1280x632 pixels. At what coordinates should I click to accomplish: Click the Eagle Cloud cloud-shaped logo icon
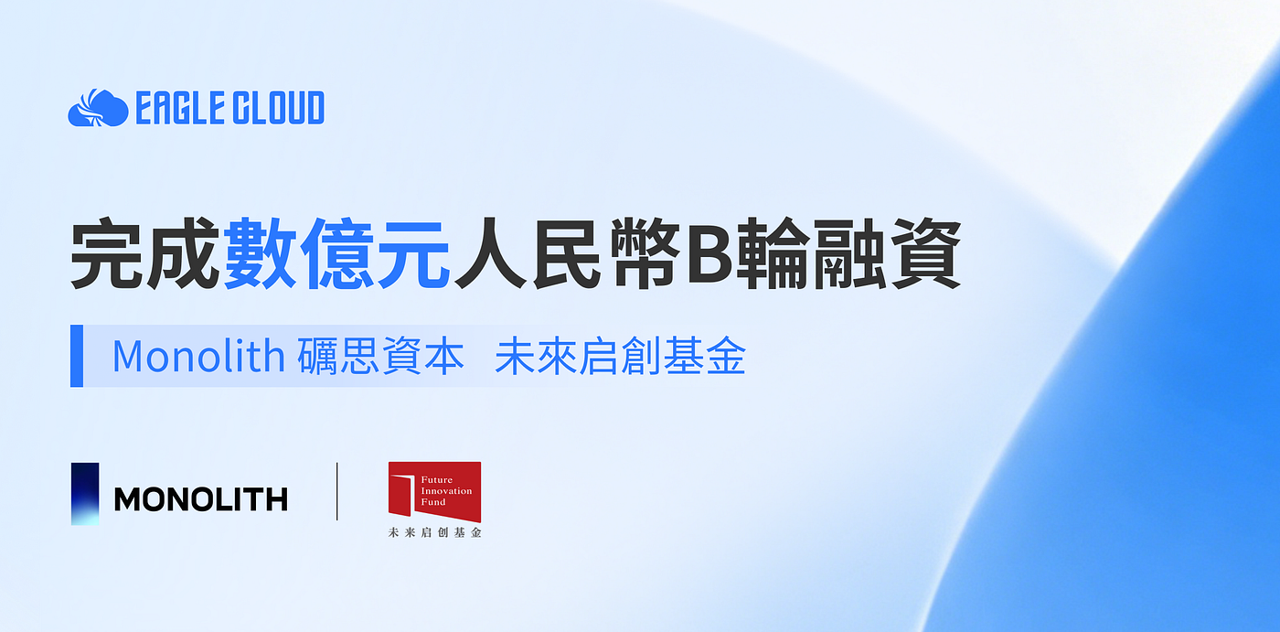tap(99, 107)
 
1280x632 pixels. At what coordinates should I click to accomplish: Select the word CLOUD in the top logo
tap(277, 107)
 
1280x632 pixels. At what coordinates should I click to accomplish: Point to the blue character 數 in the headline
tap(260, 253)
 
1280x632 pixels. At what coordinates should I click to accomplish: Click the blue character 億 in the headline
tap(336, 253)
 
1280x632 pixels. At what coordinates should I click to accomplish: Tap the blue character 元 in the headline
tap(413, 253)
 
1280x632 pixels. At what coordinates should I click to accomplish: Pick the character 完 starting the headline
tap(107, 253)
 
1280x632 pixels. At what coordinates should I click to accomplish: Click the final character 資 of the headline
tap(925, 253)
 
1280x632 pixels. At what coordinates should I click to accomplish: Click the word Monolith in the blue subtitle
tap(198, 356)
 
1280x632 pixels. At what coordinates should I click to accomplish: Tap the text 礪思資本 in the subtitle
tap(380, 356)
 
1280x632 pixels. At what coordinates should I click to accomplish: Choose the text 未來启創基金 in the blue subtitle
tap(620, 356)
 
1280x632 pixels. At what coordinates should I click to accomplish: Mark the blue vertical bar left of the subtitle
tap(77, 356)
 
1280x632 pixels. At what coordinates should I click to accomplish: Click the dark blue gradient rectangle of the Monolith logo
tap(85, 494)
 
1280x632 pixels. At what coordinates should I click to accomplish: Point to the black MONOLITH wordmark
tap(200, 499)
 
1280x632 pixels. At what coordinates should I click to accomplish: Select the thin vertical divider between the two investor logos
tap(337, 491)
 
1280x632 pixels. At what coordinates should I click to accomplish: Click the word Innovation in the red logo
tap(446, 491)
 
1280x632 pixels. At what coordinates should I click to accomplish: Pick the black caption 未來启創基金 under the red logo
tap(435, 532)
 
